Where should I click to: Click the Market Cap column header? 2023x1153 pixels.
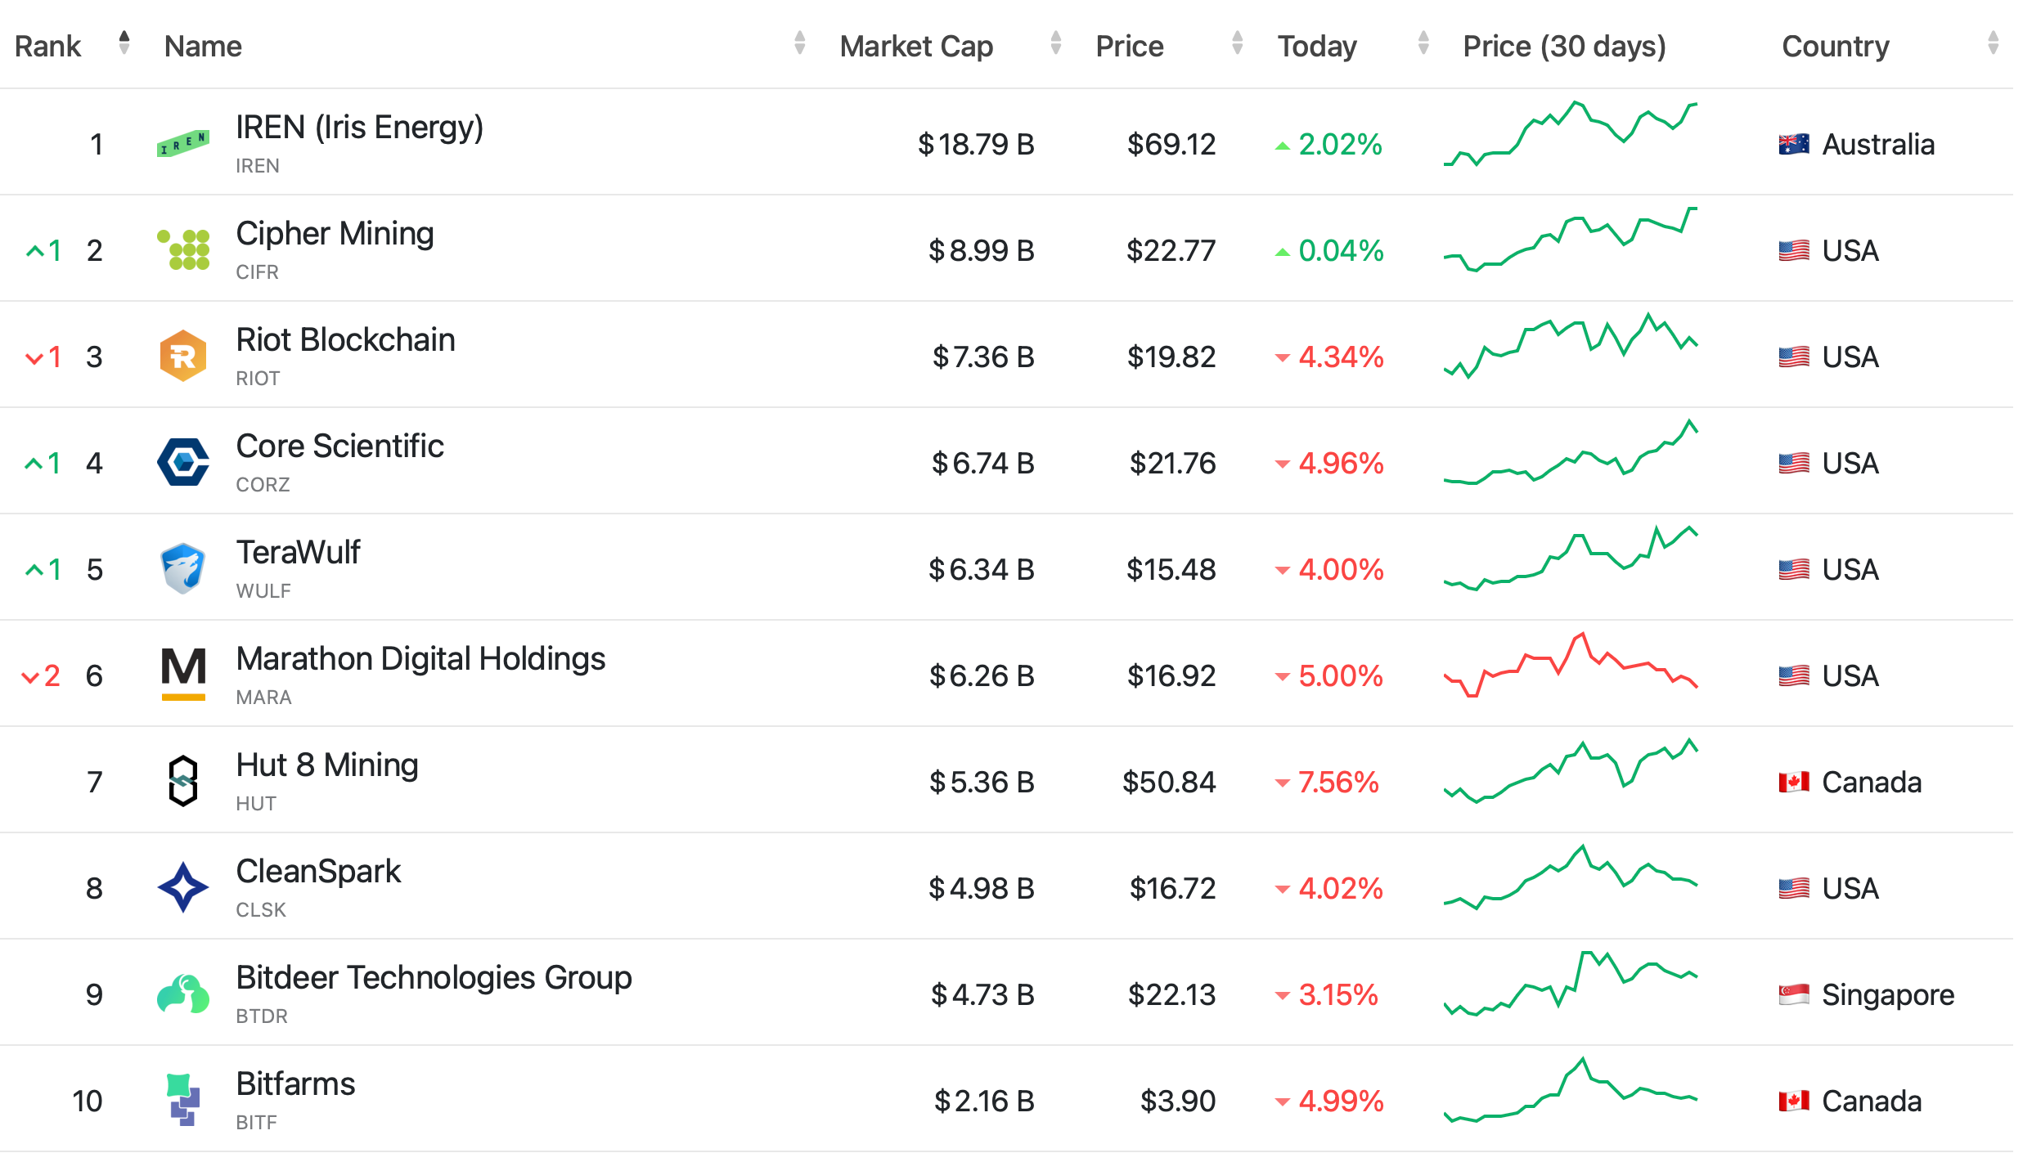pyautogui.click(x=916, y=47)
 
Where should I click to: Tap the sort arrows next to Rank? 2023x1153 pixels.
pyautogui.click(x=124, y=43)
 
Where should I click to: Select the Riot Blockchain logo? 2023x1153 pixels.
pyautogui.click(x=182, y=356)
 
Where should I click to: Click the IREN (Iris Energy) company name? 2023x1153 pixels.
pyautogui.click(x=359, y=128)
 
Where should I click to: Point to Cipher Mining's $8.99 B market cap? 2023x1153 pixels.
pyautogui.click(x=981, y=250)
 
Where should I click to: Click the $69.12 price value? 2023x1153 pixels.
pyautogui.click(x=1171, y=145)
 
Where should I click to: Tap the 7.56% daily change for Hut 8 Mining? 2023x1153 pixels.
pyautogui.click(x=1337, y=783)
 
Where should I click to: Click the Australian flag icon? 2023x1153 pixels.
pyautogui.click(x=1793, y=145)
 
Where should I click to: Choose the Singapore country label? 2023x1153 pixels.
pyautogui.click(x=1887, y=995)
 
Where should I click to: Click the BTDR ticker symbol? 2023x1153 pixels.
pyautogui.click(x=262, y=1016)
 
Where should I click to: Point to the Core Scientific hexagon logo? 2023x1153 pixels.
pyautogui.click(x=182, y=462)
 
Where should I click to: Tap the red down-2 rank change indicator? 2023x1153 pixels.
pyautogui.click(x=41, y=676)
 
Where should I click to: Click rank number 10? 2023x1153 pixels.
pyautogui.click(x=88, y=1101)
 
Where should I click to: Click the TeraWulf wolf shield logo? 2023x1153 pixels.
pyautogui.click(x=182, y=568)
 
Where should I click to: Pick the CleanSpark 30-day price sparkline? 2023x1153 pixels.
pyautogui.click(x=1570, y=879)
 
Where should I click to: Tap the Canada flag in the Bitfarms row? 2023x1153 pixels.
pyautogui.click(x=1793, y=1101)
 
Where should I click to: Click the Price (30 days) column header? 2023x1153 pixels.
pyautogui.click(x=1563, y=47)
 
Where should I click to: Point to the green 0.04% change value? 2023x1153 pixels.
pyautogui.click(x=1341, y=251)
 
